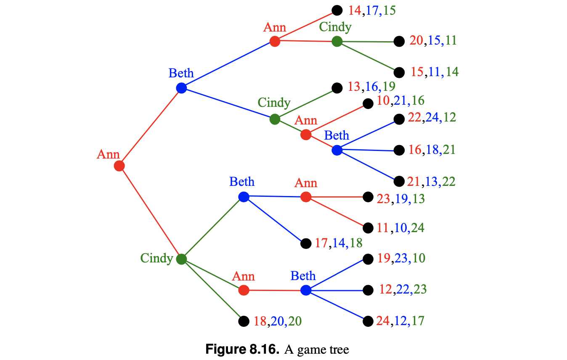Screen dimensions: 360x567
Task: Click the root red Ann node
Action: click(x=119, y=166)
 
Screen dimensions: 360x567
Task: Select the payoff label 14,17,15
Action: click(x=372, y=11)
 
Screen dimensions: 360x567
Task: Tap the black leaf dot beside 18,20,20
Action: click(x=244, y=321)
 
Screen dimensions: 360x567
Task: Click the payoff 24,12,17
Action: click(x=400, y=321)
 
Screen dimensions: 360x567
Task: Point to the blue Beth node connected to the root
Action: click(x=181, y=88)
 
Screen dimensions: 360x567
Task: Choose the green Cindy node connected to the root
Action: click(x=181, y=259)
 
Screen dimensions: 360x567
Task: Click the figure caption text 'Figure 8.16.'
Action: click(x=242, y=349)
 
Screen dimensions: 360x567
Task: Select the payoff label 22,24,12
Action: click(x=432, y=118)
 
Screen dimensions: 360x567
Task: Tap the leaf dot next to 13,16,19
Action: click(x=337, y=88)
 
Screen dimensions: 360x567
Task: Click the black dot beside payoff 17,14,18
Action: click(x=306, y=244)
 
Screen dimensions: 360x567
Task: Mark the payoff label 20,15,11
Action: click(x=433, y=41)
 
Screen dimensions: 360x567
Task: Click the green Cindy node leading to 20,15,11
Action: click(x=337, y=41)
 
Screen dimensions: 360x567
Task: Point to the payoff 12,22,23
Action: click(x=403, y=290)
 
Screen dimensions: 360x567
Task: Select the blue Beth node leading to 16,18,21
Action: click(x=337, y=150)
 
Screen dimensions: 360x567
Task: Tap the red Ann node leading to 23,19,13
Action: click(x=306, y=197)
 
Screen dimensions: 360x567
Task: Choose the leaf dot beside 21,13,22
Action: click(x=399, y=181)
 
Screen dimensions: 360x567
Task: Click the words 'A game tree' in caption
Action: click(x=317, y=349)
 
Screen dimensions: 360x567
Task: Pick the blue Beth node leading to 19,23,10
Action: click(x=306, y=290)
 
